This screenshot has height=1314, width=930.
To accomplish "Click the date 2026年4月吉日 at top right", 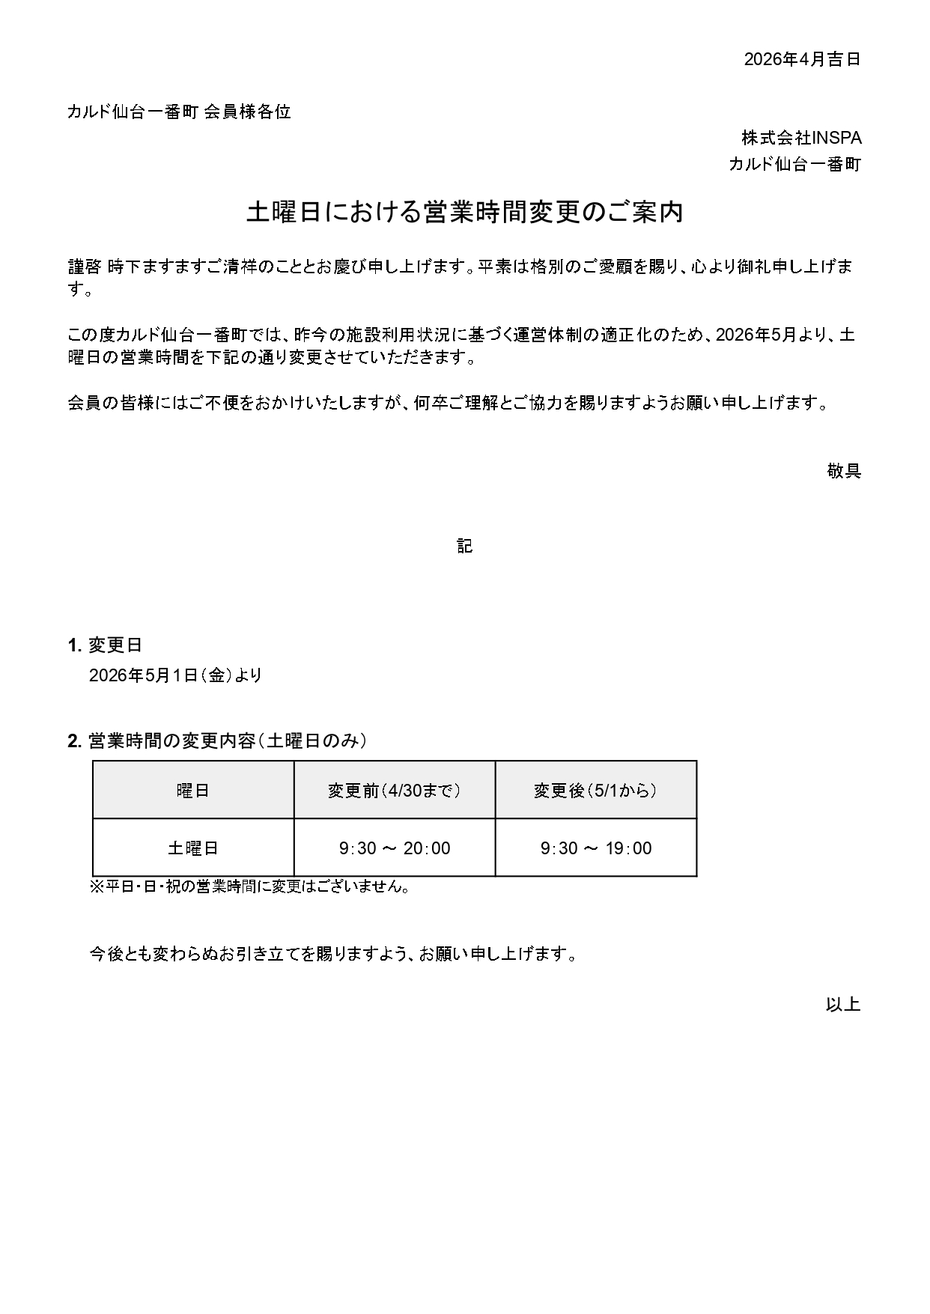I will pos(801,60).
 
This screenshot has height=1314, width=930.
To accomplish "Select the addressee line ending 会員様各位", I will pos(179,112).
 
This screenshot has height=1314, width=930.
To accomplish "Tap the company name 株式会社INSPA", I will pos(801,139).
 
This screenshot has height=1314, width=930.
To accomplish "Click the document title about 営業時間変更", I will pos(464,213).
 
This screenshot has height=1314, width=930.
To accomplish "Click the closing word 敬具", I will pos(844,471).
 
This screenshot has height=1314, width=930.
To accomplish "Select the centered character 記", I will pos(464,547).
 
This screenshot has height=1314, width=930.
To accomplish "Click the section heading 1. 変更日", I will pos(105,645).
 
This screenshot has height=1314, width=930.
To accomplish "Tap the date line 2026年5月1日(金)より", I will pos(176,675).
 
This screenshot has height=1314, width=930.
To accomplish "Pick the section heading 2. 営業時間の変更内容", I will pos(217,741).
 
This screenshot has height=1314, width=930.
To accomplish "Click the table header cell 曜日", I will pos(193,791).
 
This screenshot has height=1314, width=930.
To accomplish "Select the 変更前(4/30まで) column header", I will pos(395,791).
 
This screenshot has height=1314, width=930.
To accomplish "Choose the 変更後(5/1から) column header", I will pos(596,791).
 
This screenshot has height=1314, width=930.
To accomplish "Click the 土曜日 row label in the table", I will pos(193,848).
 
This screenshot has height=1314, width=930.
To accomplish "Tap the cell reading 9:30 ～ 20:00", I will pos(395,848).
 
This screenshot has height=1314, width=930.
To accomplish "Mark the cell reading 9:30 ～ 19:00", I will pos(596,848).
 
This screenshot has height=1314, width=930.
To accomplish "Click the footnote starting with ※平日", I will pos(251,887).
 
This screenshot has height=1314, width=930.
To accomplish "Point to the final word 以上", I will pos(843,1005).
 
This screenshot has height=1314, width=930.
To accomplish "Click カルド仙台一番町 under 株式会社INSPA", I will pos(794,165).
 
